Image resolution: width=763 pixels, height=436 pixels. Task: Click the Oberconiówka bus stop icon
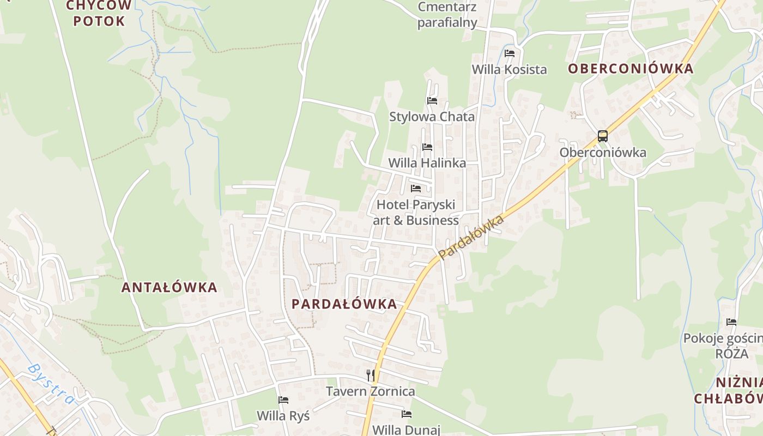click(x=602, y=136)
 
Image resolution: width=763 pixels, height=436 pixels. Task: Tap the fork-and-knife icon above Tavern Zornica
click(x=371, y=375)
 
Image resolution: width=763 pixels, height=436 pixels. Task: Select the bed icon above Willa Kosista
click(x=510, y=53)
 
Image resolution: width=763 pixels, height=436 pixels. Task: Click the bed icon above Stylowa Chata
click(x=432, y=101)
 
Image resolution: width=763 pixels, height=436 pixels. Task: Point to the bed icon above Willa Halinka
click(x=427, y=147)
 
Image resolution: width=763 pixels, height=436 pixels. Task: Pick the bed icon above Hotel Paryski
click(x=416, y=189)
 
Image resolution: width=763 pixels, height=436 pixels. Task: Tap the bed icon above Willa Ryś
click(x=283, y=400)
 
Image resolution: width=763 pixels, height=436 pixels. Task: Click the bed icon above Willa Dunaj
click(x=407, y=414)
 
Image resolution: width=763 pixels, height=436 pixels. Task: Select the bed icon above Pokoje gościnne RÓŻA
click(x=731, y=322)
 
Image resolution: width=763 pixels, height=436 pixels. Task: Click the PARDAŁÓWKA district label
click(x=344, y=304)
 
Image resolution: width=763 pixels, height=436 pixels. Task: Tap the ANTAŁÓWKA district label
click(x=169, y=287)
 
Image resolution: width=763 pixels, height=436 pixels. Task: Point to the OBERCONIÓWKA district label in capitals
click(x=631, y=69)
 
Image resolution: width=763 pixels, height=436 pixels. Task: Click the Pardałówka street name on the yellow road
click(x=470, y=238)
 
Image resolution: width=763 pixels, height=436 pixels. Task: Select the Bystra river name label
click(x=51, y=384)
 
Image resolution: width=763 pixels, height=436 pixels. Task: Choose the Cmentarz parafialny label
click(x=447, y=15)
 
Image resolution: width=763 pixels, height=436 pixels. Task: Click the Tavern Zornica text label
click(x=370, y=391)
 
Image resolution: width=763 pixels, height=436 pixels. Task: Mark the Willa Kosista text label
click(x=509, y=70)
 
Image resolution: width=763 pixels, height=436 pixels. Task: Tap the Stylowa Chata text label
click(x=432, y=117)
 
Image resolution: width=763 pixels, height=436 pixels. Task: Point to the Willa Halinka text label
click(x=427, y=163)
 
